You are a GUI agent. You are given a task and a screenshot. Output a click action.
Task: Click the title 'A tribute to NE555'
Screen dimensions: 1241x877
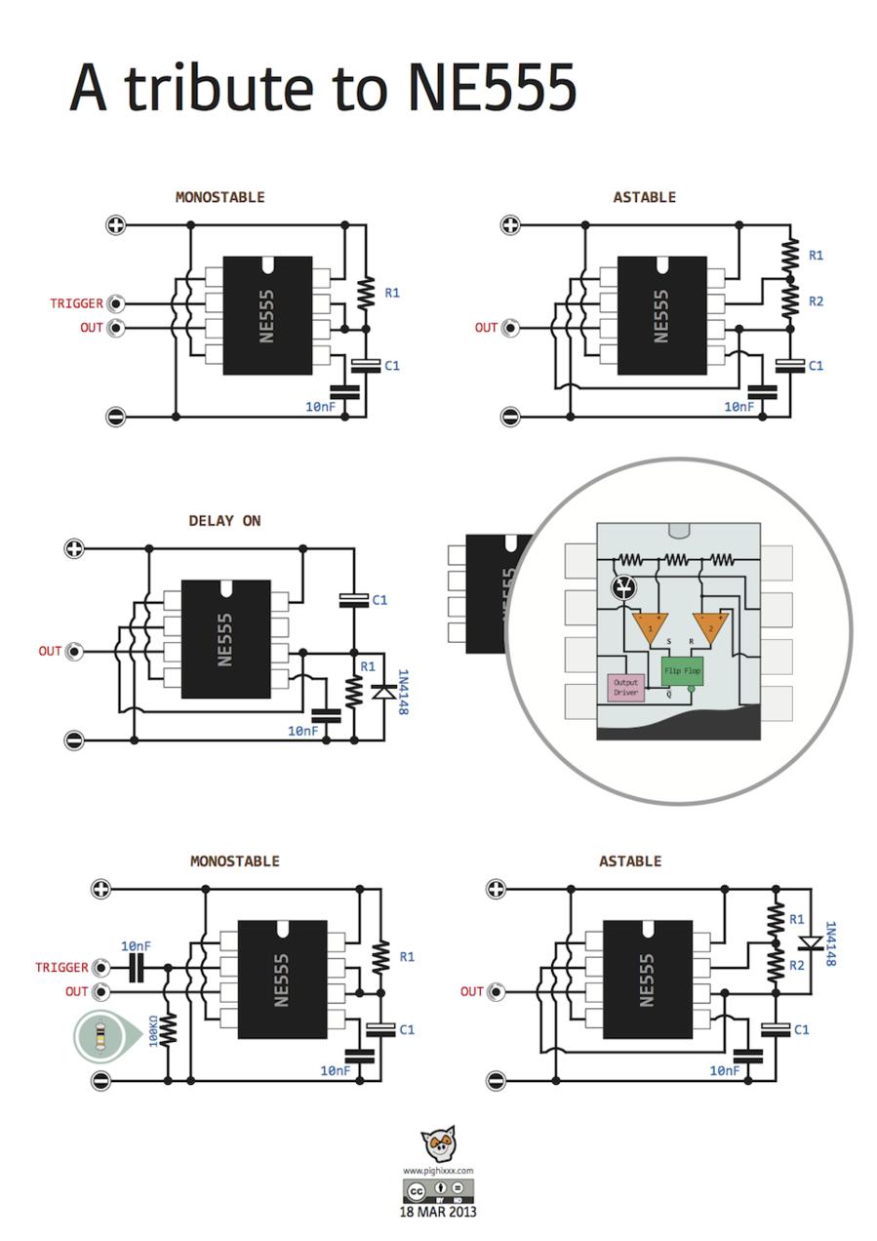[x=323, y=88]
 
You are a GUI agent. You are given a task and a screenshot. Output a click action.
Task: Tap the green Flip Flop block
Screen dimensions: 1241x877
[x=682, y=671]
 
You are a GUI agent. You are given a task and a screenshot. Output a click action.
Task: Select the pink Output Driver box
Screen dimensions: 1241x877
[x=625, y=688]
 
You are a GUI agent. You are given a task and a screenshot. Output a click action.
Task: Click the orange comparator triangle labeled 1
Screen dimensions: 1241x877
[x=649, y=626]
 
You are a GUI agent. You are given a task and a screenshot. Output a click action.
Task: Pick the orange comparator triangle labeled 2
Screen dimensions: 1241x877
[x=710, y=626]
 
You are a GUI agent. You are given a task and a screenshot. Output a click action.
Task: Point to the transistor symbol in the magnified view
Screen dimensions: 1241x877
[x=622, y=586]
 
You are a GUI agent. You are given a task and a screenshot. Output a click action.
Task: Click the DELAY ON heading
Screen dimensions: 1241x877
[x=224, y=521]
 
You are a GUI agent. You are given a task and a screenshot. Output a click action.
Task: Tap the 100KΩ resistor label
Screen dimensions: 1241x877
[x=153, y=1031]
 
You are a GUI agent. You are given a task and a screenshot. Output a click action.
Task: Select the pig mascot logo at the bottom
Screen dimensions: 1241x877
[x=438, y=1142]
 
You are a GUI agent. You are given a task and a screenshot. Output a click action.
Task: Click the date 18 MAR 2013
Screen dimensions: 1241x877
[x=438, y=1213]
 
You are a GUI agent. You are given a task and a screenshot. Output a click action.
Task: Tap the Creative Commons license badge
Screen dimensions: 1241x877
[x=438, y=1191]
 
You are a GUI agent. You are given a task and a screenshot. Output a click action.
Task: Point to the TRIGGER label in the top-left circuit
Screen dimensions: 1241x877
[x=76, y=303]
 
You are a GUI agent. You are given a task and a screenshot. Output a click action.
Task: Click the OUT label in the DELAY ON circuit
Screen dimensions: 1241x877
[x=50, y=651]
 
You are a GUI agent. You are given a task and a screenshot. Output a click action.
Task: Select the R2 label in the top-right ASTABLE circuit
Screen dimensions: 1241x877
[x=816, y=301]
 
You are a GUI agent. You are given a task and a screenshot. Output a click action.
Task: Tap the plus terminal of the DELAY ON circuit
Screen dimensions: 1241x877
[x=74, y=548]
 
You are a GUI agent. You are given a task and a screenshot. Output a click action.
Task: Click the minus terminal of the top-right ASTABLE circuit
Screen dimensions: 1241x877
[x=510, y=417]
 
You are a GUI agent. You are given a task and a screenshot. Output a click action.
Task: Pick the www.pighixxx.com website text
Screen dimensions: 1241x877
[x=438, y=1171]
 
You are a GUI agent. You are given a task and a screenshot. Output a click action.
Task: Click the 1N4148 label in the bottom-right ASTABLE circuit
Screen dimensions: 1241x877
[x=829, y=943]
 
